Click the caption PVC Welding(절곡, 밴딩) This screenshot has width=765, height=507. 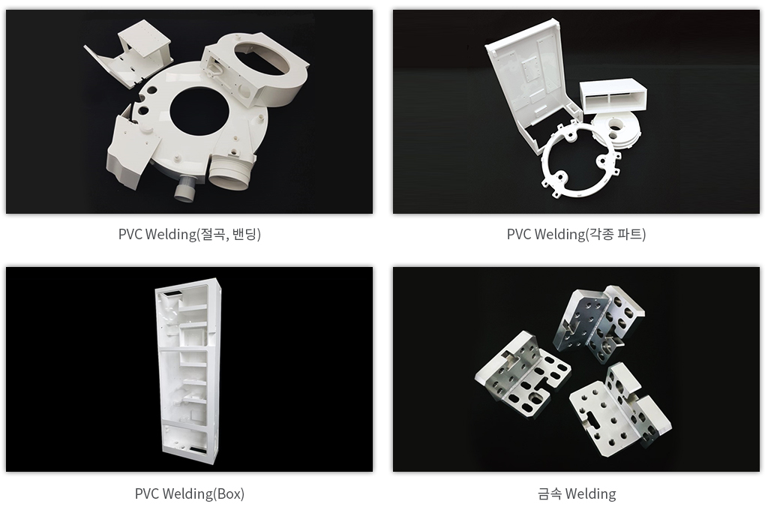189,234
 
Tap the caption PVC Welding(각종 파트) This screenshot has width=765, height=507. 576,234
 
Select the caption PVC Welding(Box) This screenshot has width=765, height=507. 189,493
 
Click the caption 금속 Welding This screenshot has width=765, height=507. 577,493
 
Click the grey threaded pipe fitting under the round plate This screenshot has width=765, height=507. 186,188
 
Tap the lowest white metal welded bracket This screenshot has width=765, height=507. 620,410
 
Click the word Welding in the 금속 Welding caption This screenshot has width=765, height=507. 590,493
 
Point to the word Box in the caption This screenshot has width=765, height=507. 228,493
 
